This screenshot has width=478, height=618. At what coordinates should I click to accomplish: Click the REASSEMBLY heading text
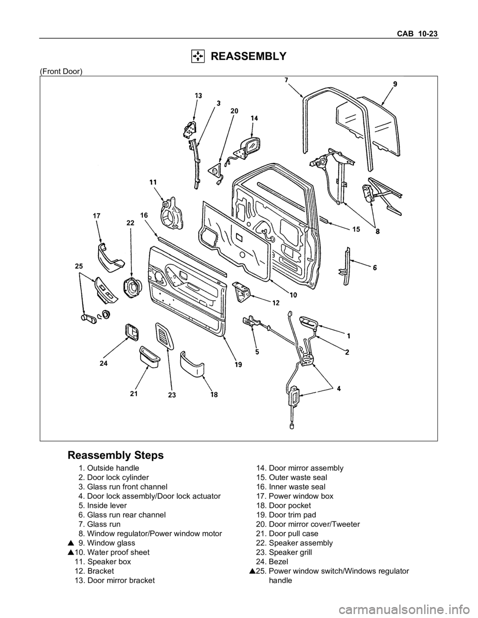click(x=248, y=56)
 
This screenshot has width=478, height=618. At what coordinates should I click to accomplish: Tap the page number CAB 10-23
click(x=417, y=34)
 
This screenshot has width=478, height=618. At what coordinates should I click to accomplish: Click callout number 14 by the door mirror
click(x=254, y=118)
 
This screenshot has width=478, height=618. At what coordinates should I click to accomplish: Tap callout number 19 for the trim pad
click(x=239, y=364)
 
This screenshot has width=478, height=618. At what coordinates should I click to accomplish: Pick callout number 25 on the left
click(x=79, y=266)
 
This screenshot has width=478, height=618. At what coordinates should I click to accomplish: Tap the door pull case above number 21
click(x=150, y=356)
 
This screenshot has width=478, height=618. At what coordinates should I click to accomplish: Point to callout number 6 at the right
click(x=374, y=267)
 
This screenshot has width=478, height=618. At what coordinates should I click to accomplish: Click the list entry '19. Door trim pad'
click(x=286, y=515)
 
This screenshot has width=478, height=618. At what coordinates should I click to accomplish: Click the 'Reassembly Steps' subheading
click(x=115, y=455)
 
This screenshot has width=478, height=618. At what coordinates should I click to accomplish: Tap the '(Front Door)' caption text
click(x=61, y=72)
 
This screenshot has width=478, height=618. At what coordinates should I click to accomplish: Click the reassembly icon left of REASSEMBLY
click(x=198, y=56)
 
